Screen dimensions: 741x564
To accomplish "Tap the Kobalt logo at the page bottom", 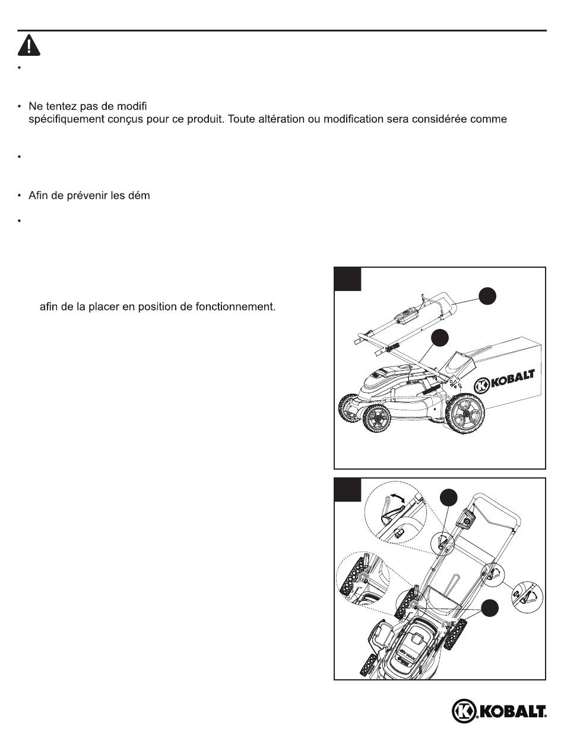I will [x=499, y=711].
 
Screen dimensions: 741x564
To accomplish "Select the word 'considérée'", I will [x=452, y=119].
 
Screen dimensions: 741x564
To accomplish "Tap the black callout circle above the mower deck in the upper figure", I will [x=440, y=339].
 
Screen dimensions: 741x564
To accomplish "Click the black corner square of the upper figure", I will [x=347, y=278].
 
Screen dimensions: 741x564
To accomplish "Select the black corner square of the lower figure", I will [x=347, y=489].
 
